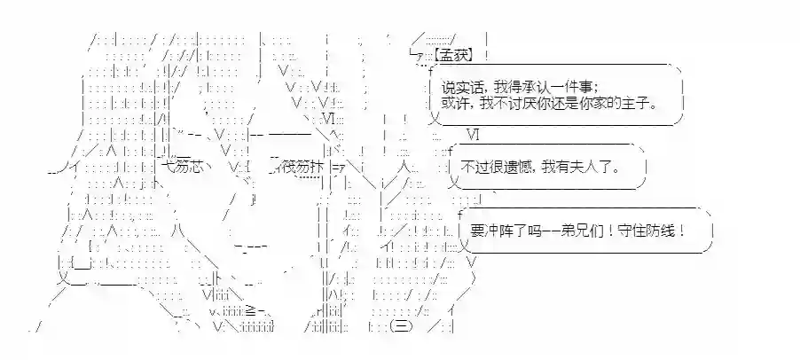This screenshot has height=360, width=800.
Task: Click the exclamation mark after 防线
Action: click(x=684, y=231)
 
